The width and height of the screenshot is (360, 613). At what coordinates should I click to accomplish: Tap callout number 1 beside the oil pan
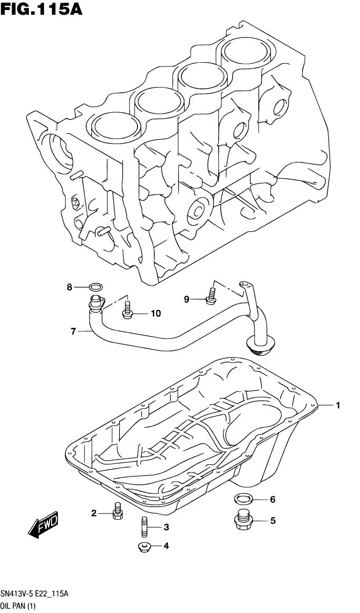pyautogui.click(x=338, y=405)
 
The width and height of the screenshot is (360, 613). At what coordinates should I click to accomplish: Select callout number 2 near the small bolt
pyautogui.click(x=94, y=513)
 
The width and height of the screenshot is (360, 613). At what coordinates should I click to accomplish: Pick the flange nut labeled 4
pyautogui.click(x=144, y=548)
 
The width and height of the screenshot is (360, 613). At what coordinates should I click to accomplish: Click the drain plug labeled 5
pyautogui.click(x=243, y=521)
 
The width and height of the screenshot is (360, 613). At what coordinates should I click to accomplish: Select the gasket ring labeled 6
pyautogui.click(x=243, y=499)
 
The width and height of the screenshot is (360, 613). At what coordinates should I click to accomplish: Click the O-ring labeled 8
pyautogui.click(x=95, y=287)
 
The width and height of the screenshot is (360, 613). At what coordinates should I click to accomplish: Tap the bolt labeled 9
pyautogui.click(x=211, y=296)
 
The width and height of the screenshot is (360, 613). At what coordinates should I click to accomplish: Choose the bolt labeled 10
pyautogui.click(x=127, y=311)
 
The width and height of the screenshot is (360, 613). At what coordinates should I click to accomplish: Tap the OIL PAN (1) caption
pyautogui.click(x=19, y=606)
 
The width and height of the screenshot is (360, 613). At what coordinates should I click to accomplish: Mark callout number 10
pyautogui.click(x=155, y=314)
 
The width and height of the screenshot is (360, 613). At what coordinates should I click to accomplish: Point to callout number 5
pyautogui.click(x=273, y=521)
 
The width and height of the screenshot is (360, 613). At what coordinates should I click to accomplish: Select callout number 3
pyautogui.click(x=166, y=527)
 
